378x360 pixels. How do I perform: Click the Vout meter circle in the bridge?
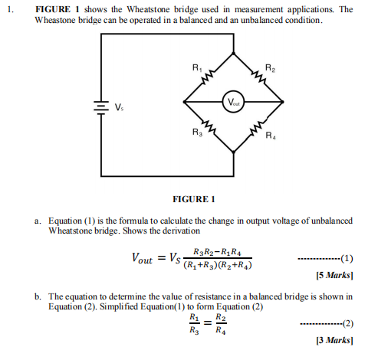[232, 101]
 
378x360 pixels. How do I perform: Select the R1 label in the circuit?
[196, 71]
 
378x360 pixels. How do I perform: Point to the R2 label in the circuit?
[269, 70]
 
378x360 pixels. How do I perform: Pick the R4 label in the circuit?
[270, 137]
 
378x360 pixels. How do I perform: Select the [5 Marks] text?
[334, 273]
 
